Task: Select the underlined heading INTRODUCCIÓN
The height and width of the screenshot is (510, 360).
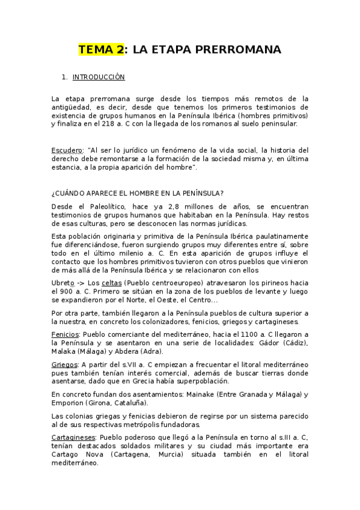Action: pyautogui.click(x=98, y=78)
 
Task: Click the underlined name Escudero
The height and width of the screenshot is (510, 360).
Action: pyautogui.click(x=66, y=150)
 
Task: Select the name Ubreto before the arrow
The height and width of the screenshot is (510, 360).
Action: pyautogui.click(x=64, y=283)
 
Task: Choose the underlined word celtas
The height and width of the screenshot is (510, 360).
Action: pyautogui.click(x=111, y=283)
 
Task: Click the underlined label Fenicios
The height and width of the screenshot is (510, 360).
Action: pyautogui.click(x=65, y=334)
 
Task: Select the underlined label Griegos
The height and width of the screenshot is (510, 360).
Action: pyautogui.click(x=64, y=364)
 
